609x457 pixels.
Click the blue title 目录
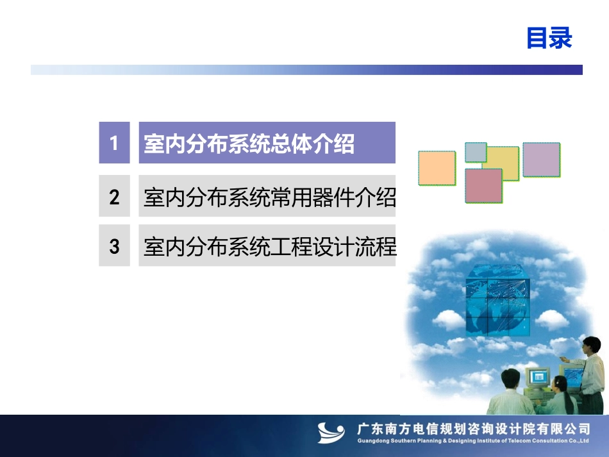coord(549,38)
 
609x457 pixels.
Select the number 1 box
coord(114,142)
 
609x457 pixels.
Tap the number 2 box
coord(114,195)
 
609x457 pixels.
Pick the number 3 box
coord(114,245)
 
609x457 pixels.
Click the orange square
coord(437,168)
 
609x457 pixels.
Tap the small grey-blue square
coord(476,152)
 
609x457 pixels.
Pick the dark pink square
coord(483,186)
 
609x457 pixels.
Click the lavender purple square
coord(542,160)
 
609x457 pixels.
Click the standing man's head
coord(592,345)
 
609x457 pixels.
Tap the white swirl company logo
coord(331,433)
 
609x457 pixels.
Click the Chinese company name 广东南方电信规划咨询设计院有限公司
coord(474,429)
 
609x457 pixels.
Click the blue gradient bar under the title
coord(306,70)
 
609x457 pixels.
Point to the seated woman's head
coord(560,384)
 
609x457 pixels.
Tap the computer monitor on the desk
coord(538,377)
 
